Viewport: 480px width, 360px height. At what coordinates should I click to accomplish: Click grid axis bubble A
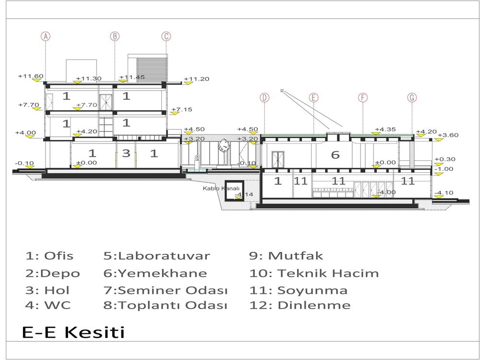tap(46, 36)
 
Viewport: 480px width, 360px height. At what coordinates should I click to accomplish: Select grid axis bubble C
tap(166, 36)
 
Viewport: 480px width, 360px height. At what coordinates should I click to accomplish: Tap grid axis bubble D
tap(264, 97)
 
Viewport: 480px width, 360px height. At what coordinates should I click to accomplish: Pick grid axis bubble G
tap(412, 97)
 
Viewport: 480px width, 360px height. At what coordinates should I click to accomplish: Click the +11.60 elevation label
tap(31, 76)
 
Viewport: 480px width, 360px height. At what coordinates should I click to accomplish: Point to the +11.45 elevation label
tap(132, 77)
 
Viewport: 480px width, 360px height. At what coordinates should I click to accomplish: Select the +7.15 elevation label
tap(182, 109)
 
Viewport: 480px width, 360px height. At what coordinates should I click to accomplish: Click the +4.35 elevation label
tap(385, 129)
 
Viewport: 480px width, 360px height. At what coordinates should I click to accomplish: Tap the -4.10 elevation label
tap(444, 193)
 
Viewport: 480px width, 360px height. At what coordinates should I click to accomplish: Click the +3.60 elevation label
tap(448, 135)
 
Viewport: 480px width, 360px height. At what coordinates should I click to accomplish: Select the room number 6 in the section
tap(336, 155)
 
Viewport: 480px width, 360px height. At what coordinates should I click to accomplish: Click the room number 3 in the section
tap(126, 153)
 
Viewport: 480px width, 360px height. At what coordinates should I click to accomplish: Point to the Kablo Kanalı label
tap(221, 188)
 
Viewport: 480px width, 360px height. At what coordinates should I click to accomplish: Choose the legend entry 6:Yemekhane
tap(155, 273)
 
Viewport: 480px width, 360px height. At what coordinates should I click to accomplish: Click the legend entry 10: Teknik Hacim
tap(314, 273)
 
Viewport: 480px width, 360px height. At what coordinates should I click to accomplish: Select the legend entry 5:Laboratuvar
tap(157, 256)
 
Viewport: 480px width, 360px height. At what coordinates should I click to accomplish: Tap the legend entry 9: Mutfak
tap(286, 256)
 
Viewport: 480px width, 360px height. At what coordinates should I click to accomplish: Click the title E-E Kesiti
tap(73, 332)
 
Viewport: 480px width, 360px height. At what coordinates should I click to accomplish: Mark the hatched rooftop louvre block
tap(152, 70)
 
